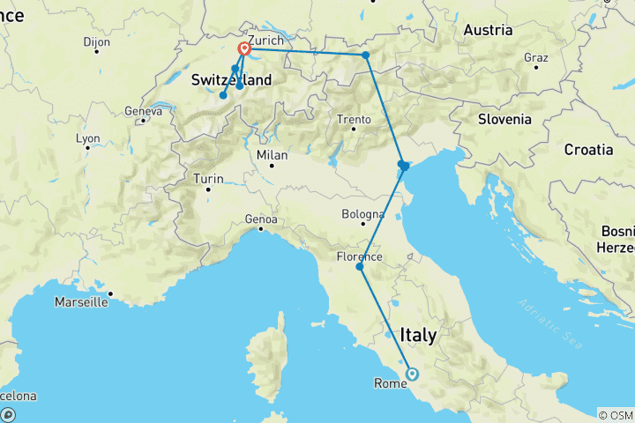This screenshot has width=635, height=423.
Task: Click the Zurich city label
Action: pyautogui.click(x=265, y=41)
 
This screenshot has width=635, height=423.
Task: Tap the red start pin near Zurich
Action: pyautogui.click(x=243, y=51)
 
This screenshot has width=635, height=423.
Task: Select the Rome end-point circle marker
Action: pyautogui.click(x=412, y=374)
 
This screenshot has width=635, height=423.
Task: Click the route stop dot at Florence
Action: pyautogui.click(x=359, y=266)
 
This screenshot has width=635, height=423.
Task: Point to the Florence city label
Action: pyautogui.click(x=359, y=256)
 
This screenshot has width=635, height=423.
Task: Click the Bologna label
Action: pyautogui.click(x=365, y=214)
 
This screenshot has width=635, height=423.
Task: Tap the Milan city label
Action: pyautogui.click(x=272, y=154)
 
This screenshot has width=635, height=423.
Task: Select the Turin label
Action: pyautogui.click(x=208, y=179)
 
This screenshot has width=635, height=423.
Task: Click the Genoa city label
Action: pyautogui.click(x=262, y=219)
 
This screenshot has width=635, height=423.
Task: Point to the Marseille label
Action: pyautogui.click(x=81, y=301)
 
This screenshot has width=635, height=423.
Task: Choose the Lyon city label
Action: pyautogui.click(x=88, y=138)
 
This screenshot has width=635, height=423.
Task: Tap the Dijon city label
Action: pyautogui.click(x=96, y=41)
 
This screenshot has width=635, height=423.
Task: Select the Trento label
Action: pyautogui.click(x=353, y=120)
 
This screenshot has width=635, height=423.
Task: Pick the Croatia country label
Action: pyautogui.click(x=588, y=149)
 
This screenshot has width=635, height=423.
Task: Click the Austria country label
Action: pyautogui.click(x=488, y=30)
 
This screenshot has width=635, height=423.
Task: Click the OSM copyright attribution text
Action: pyautogui.click(x=615, y=415)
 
